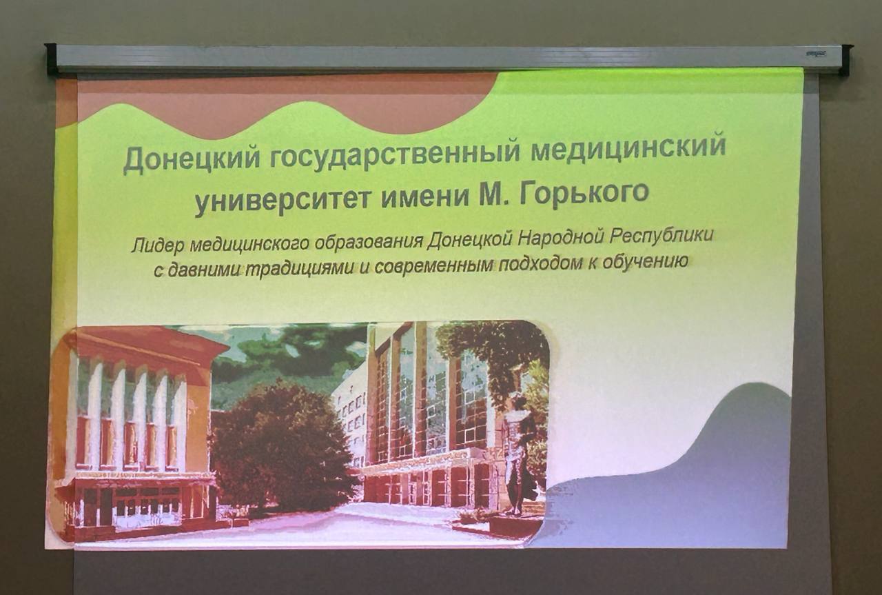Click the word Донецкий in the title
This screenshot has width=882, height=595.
pos(192,159)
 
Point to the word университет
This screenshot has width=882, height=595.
pos(283,200)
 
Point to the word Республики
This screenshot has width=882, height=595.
pos(661,236)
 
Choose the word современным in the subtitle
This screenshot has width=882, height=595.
pos(434,266)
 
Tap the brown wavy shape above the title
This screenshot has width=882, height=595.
pos(276,106)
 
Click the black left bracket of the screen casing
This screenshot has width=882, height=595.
pos(51,59)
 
